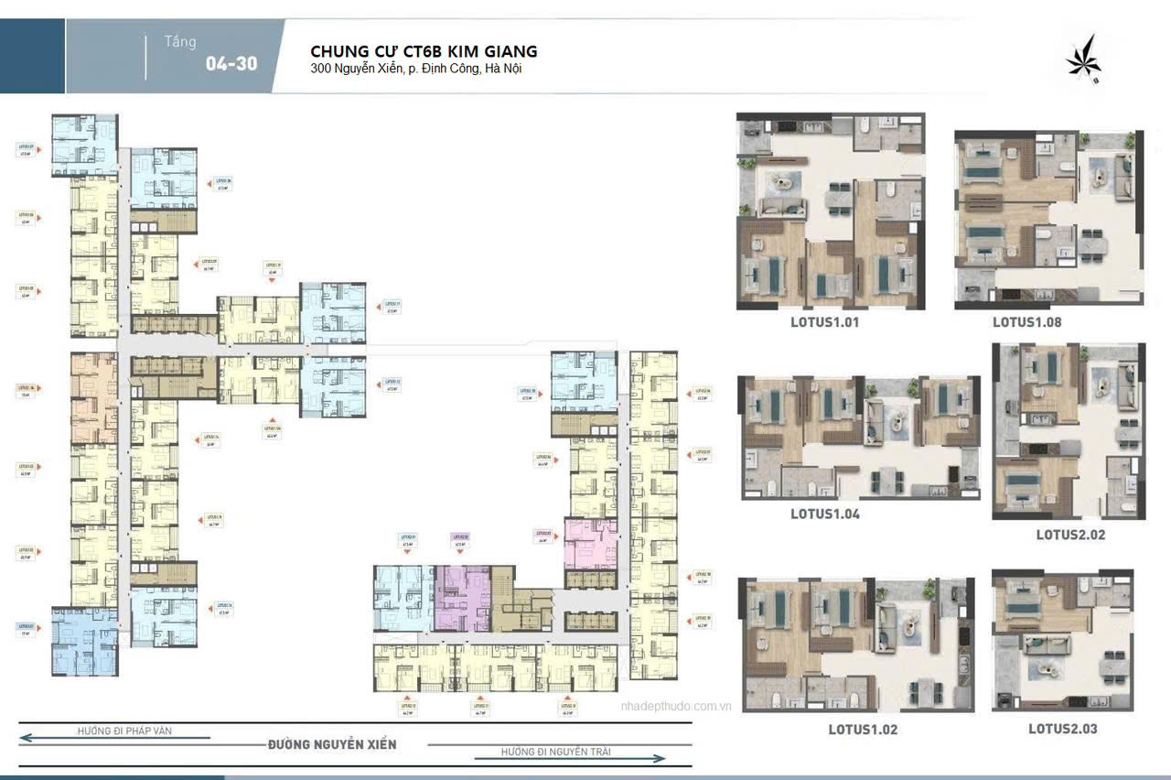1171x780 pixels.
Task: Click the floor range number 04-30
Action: pos(231,64)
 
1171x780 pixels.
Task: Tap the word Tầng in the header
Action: pos(179,42)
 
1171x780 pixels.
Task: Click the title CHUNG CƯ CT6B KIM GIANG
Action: pos(424,50)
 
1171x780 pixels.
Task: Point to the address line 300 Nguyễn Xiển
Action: pos(416,69)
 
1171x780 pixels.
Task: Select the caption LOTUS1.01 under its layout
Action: pos(824,322)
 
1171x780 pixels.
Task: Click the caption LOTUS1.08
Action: pos(1026,322)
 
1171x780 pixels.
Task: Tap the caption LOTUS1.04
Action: pos(824,514)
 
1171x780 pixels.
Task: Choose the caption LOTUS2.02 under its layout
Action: pos(1070,534)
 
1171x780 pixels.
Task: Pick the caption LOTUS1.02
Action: pos(863,730)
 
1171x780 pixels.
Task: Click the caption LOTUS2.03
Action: pos(1062,729)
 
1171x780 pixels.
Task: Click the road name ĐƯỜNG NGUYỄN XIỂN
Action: pos(332,744)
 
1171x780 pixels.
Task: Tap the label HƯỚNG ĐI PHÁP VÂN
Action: pos(124,731)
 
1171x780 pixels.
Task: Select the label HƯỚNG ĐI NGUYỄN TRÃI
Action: pos(555,752)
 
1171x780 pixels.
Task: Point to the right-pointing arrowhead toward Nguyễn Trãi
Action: pos(658,758)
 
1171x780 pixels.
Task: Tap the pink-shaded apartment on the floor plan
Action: pos(590,542)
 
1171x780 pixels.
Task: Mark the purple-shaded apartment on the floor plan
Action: pos(462,597)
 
